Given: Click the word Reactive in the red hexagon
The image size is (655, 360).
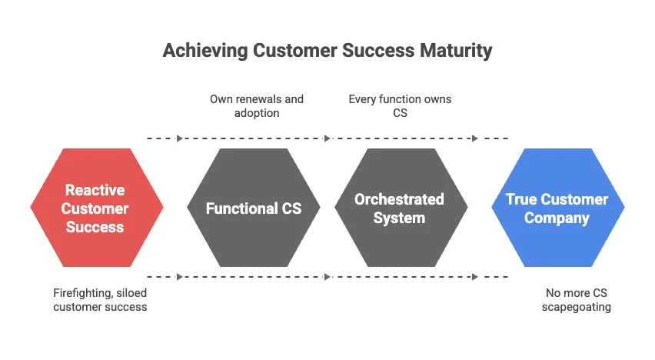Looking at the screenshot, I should (95, 189).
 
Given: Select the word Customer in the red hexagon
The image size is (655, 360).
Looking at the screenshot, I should (95, 208).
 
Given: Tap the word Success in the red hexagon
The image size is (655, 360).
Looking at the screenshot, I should (95, 227).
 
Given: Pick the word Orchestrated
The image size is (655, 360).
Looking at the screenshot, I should (399, 199).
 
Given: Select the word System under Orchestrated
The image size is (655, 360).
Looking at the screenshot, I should (399, 218).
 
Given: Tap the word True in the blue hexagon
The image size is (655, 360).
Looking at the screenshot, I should (520, 199).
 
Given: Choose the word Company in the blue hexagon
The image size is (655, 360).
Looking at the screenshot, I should (557, 218).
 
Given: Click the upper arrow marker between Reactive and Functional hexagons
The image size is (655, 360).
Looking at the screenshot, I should (178, 138).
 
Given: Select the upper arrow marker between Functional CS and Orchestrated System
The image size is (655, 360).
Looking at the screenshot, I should (326, 138).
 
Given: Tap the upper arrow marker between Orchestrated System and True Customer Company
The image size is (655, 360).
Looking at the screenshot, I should (474, 138).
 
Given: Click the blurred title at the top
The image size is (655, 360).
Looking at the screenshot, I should (327, 53).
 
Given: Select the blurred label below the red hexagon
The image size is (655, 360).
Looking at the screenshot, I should (97, 299).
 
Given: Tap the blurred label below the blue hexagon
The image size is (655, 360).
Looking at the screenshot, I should (577, 299).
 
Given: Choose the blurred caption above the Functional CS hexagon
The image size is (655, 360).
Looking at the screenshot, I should (258, 107).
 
